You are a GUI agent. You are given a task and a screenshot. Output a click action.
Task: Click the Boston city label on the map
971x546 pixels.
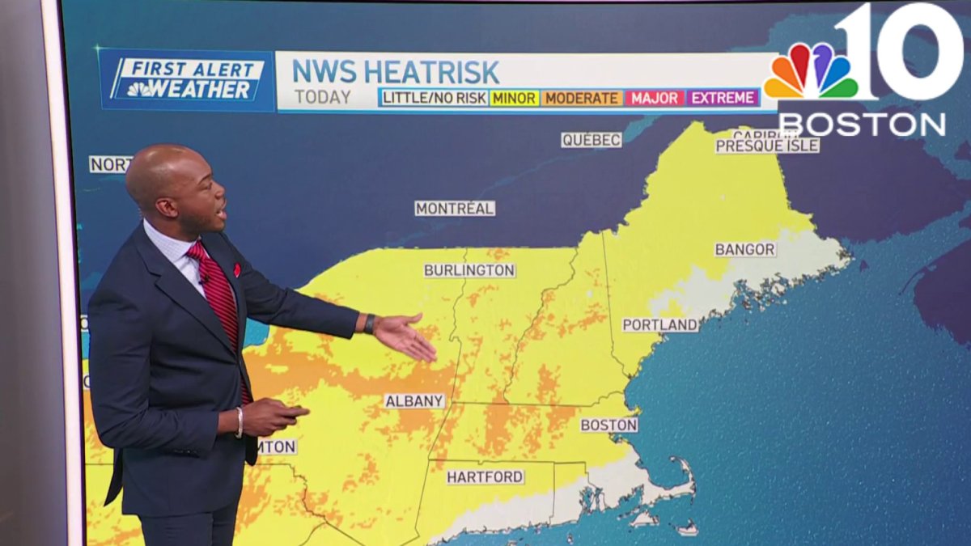608,425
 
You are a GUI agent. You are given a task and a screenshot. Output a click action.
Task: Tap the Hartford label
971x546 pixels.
485,477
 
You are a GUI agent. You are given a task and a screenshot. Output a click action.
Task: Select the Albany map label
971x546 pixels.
414,401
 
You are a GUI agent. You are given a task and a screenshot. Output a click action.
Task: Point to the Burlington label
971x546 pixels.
469,270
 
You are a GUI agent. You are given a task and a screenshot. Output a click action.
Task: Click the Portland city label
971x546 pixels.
659,325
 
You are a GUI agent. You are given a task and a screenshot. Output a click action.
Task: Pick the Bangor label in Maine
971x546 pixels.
744,249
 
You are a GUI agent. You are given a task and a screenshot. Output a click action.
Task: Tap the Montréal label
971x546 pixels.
455,209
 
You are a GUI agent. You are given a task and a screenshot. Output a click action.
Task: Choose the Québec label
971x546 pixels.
591,140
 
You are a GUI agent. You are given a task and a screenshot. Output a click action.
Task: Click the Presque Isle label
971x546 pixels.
767,146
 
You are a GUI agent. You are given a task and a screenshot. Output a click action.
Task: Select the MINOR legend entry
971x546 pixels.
514,98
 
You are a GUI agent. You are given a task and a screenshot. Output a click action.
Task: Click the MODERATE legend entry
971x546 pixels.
582,98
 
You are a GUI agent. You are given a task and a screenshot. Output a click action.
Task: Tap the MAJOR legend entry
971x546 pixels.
654,98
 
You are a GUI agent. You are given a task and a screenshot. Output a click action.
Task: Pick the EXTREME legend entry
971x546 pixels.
723,98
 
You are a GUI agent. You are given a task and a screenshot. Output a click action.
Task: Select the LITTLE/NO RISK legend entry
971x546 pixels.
434,98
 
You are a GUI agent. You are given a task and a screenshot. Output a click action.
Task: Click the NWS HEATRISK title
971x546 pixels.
395,72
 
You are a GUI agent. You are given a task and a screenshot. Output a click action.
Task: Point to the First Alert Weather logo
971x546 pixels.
186,80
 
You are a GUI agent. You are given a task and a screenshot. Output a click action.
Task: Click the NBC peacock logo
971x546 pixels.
811,71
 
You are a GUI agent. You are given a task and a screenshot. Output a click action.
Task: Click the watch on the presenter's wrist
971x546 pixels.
370,324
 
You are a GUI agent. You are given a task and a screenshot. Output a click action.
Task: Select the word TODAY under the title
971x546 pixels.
322,97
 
